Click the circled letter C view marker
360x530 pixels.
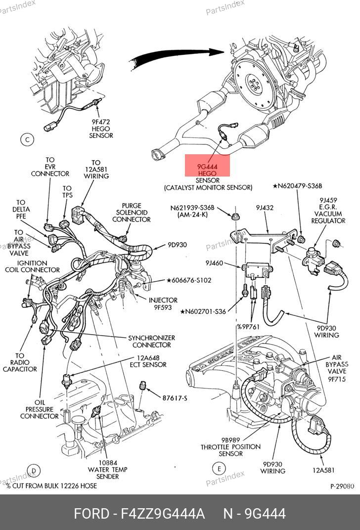27,140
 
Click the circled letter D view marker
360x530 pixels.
33,470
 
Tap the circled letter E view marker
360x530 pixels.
218,468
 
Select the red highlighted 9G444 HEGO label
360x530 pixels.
208,166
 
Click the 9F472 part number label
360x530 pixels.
101,121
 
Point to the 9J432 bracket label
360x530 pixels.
265,208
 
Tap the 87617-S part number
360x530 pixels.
175,397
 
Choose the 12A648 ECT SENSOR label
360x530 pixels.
151,361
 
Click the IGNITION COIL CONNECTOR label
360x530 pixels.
32,266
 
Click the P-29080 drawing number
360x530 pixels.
342,486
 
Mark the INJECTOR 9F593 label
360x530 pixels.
163,303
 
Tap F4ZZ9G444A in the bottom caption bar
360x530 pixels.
163,514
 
